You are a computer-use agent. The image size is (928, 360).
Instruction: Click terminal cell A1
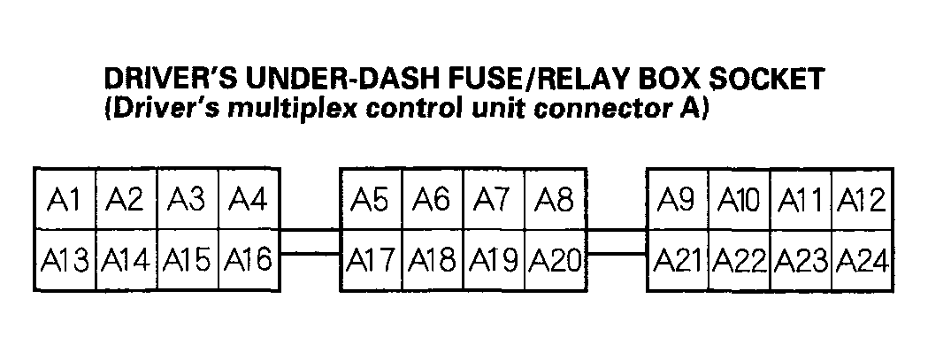tap(65, 199)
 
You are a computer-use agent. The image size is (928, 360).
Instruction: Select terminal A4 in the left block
tap(249, 199)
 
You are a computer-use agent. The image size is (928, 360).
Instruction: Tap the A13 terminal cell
tap(65, 260)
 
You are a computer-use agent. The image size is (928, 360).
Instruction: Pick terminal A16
tap(249, 260)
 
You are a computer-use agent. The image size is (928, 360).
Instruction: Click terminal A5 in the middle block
tap(371, 199)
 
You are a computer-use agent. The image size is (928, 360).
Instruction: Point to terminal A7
tap(493, 199)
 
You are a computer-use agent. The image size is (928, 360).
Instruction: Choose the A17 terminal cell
tap(371, 260)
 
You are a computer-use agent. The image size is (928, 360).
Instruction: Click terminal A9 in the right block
tap(679, 199)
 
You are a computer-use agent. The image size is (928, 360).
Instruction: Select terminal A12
tap(861, 199)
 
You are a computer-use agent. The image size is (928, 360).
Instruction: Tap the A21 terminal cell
tap(679, 260)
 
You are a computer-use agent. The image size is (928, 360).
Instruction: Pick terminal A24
tap(861, 260)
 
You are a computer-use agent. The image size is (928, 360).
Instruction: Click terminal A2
tap(126, 199)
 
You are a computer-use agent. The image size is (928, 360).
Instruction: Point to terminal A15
tap(188, 260)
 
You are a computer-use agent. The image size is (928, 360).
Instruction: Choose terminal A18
tap(433, 260)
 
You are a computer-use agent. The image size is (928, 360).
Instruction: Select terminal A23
tap(801, 260)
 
